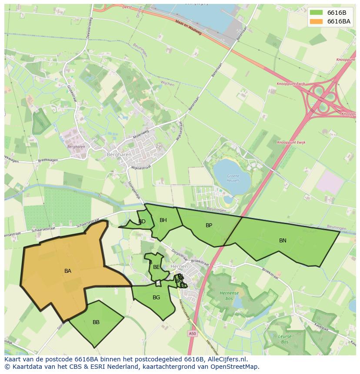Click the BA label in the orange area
point(68,271)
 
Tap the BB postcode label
point(96,322)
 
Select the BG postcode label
point(156,298)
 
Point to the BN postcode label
point(283,240)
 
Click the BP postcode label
point(209,225)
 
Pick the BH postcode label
point(163,220)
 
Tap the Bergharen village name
point(117,154)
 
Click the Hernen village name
point(179,266)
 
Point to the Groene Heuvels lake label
point(233,178)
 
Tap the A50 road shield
point(193,333)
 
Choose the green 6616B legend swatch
point(317,13)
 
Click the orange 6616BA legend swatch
point(317,21)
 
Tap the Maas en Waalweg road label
point(188,27)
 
